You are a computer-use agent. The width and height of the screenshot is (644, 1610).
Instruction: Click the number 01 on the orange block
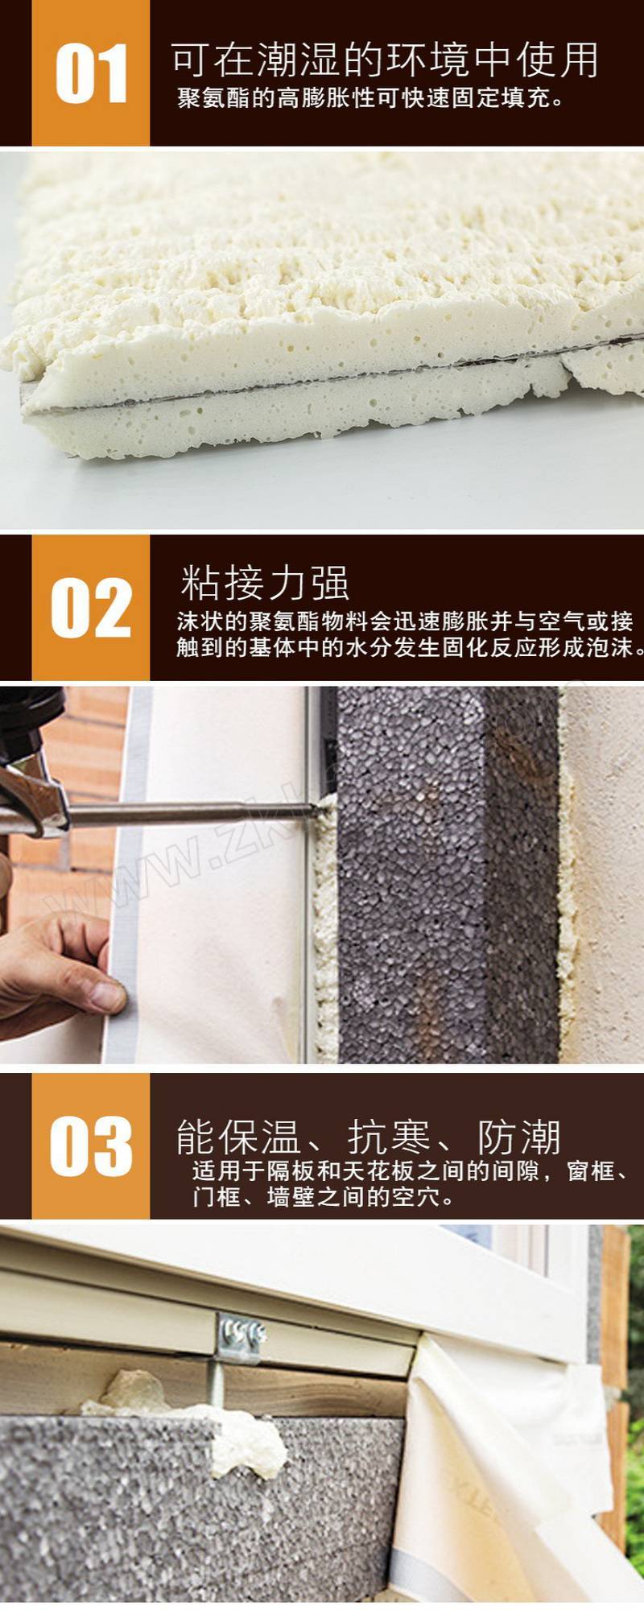tap(91, 74)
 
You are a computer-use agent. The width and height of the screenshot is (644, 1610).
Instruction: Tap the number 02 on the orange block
tap(91, 608)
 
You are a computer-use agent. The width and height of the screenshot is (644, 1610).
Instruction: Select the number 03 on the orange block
tap(91, 1146)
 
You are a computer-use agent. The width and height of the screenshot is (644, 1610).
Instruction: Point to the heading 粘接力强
tap(265, 582)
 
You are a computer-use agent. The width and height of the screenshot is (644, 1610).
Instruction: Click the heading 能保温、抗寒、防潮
tap(368, 1137)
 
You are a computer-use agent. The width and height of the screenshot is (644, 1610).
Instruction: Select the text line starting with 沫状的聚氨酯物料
tap(405, 621)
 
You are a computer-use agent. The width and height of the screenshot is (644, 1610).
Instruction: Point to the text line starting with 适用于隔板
tap(411, 1170)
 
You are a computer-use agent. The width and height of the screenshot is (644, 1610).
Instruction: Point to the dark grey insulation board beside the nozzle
tap(447, 873)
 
